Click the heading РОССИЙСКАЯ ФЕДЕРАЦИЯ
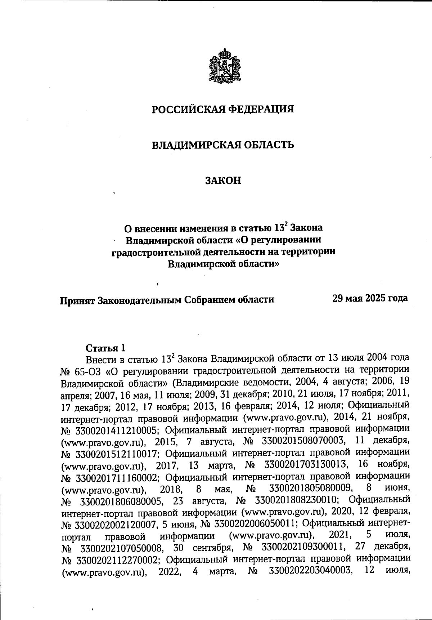tap(222, 109)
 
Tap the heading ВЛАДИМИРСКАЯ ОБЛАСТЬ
tap(222, 145)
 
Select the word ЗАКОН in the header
tap(223, 180)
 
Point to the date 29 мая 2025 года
tap(370, 298)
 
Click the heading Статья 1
tap(105, 348)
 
